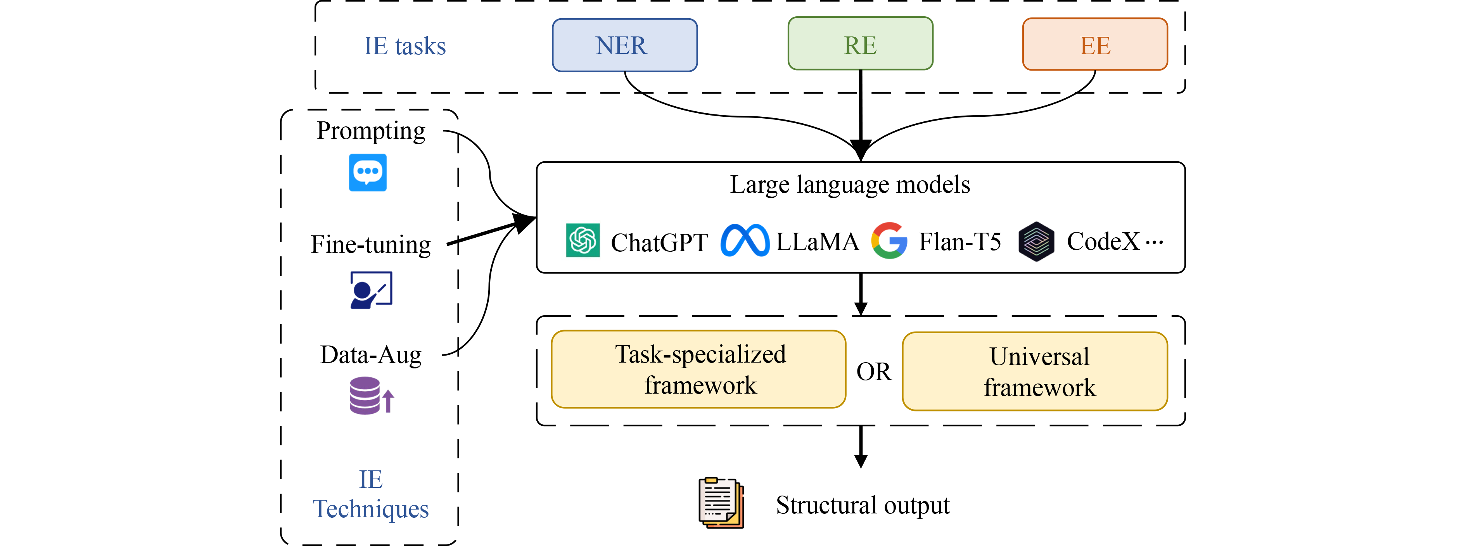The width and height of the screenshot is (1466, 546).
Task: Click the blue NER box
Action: tap(624, 45)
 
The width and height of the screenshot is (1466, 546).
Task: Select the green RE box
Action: tap(860, 44)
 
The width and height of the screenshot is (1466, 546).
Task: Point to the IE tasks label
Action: tap(405, 46)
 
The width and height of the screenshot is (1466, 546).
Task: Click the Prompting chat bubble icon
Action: tap(368, 172)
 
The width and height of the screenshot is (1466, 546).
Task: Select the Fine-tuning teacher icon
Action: tap(371, 290)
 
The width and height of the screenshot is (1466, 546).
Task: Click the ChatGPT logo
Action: tap(582, 240)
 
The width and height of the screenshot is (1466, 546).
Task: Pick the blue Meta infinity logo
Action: tap(744, 240)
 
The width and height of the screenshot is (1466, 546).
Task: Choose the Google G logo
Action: tap(889, 240)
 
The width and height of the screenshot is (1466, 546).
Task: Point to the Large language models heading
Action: tap(850, 185)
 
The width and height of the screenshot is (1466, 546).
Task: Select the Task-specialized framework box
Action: tap(698, 369)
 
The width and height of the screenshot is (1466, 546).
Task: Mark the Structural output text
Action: tap(862, 505)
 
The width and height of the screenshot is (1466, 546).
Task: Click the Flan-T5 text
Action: tap(959, 242)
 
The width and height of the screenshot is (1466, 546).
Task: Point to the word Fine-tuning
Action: tap(370, 245)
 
